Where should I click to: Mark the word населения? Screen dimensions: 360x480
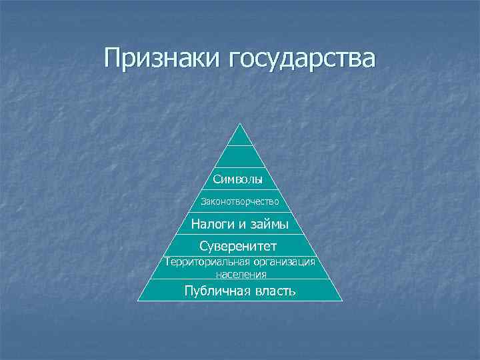click(240, 273)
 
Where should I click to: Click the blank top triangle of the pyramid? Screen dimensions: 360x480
click(240, 137)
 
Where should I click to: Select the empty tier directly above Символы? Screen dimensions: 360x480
click(240, 157)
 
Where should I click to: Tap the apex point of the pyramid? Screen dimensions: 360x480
click(240, 123)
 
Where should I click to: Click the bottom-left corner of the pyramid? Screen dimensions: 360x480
click(138, 300)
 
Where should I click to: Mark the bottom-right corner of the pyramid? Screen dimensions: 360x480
click(342, 300)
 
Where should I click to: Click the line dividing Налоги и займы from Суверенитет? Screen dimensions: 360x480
click(240, 234)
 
